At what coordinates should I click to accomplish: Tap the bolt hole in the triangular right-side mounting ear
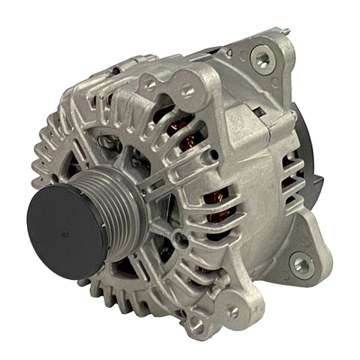[302, 264]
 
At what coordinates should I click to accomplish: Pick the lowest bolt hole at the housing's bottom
[196, 325]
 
